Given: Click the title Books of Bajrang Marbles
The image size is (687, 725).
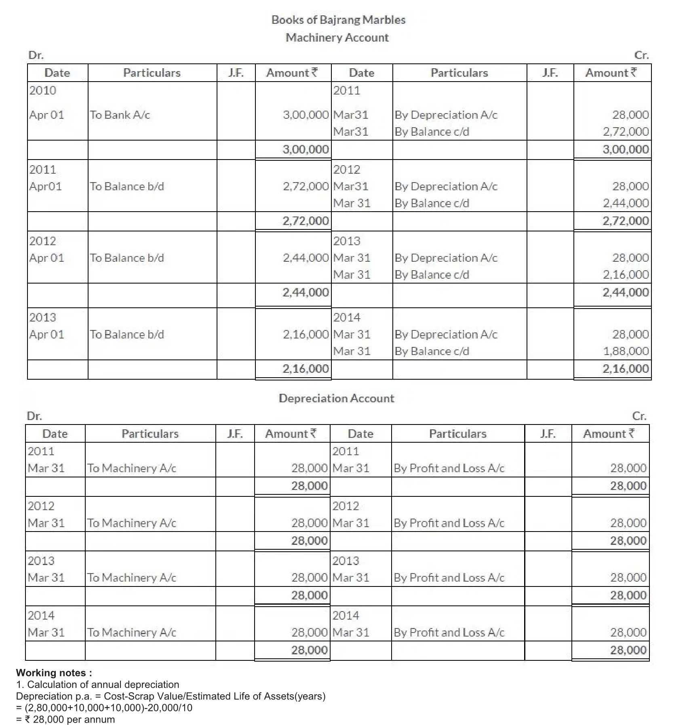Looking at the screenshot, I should pyautogui.click(x=338, y=20).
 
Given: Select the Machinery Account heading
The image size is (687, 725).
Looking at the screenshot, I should pyautogui.click(x=337, y=38).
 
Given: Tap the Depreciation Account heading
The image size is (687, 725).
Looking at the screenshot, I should pyautogui.click(x=336, y=398).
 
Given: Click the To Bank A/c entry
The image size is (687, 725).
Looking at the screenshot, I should pyautogui.click(x=120, y=115).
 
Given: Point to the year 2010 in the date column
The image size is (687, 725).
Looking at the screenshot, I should pyautogui.click(x=43, y=90).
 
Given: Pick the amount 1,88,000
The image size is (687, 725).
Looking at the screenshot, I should pyautogui.click(x=626, y=351).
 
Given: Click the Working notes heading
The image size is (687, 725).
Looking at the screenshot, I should pyautogui.click(x=54, y=673).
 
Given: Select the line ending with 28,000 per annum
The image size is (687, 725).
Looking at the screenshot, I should pyautogui.click(x=65, y=719).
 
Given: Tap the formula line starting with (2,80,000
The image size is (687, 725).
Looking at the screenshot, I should pyautogui.click(x=104, y=708).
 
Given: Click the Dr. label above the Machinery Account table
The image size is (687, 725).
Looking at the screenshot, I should pyautogui.click(x=36, y=55).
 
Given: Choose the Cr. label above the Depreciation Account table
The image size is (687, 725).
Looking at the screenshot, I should pyautogui.click(x=639, y=416).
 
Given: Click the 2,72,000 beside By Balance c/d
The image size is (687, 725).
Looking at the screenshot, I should pyautogui.click(x=626, y=132).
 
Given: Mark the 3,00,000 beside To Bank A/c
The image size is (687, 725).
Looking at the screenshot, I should pyautogui.click(x=306, y=115).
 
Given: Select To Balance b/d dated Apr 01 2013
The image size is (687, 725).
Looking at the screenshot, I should pyautogui.click(x=127, y=334).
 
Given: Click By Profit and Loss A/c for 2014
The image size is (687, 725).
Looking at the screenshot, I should pyautogui.click(x=449, y=633).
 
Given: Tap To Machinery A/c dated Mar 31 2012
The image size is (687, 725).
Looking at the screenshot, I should pyautogui.click(x=132, y=523).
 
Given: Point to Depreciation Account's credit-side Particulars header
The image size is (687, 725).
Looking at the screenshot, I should pyautogui.click(x=457, y=434).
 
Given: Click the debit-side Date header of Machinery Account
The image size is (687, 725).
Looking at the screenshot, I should pyautogui.click(x=57, y=73).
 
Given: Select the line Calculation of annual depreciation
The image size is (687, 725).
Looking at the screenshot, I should pyautogui.click(x=97, y=685).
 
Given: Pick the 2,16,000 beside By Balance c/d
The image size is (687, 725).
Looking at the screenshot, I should pyautogui.click(x=626, y=275).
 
